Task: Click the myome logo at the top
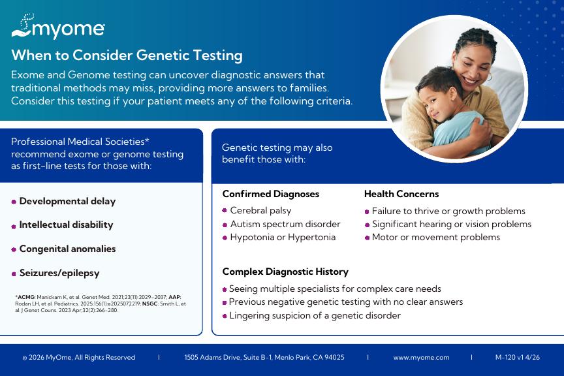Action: point(58,26)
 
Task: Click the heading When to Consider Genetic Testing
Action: point(127,55)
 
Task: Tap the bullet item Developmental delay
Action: point(67,201)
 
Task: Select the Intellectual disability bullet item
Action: point(66,225)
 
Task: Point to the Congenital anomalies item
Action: point(68,249)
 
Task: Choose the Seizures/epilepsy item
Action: point(59,273)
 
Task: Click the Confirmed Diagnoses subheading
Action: point(271,194)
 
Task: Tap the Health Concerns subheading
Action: point(401,194)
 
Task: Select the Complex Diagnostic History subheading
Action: point(285,272)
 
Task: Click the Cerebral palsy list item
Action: point(260,210)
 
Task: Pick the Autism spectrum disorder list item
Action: point(285,224)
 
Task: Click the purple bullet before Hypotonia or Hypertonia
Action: point(225,238)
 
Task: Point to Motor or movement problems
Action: point(436,238)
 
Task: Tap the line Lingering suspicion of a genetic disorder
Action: point(315,315)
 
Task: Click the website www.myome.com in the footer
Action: point(421,358)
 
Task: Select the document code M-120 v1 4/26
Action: point(518,357)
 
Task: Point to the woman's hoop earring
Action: point(489,76)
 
